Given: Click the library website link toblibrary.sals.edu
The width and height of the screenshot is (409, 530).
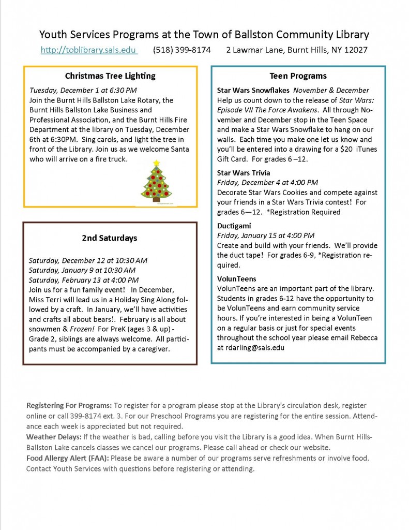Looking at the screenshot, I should pyautogui.click(x=89, y=50).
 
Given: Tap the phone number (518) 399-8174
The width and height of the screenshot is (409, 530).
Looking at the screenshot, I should pyautogui.click(x=182, y=50).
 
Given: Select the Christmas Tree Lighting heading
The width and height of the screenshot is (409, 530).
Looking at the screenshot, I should pyautogui.click(x=110, y=76).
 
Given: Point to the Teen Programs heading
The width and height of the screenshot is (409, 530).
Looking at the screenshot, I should pyautogui.click(x=298, y=76).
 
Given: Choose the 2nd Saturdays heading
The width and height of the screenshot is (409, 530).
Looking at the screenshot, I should pyautogui.click(x=109, y=238).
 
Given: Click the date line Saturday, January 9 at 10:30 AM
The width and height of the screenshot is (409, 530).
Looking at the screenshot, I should pyautogui.click(x=82, y=270).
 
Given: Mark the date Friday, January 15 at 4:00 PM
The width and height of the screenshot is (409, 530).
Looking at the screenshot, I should pyautogui.click(x=265, y=235).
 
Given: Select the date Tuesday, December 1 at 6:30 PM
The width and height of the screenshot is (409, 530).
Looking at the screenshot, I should pyautogui.click(x=83, y=90).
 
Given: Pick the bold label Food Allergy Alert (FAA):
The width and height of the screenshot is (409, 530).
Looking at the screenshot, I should pyautogui.click(x=67, y=458).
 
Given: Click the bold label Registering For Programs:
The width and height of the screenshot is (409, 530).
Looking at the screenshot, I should pyautogui.click(x=69, y=405).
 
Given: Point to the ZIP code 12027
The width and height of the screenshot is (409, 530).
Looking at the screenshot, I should pyautogui.click(x=354, y=50).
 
